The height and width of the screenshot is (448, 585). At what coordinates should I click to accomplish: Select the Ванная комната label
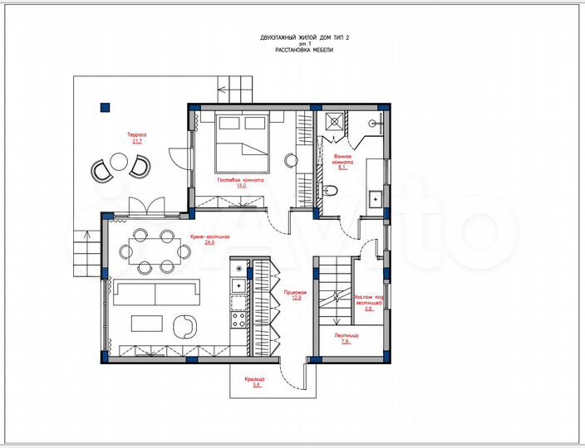343,159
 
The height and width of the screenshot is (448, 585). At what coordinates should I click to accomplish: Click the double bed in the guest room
243,136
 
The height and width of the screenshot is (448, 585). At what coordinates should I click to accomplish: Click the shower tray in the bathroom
335,121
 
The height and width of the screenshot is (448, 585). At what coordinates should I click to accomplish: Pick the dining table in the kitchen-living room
155,250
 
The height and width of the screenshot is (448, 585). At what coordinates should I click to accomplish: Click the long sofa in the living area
156,293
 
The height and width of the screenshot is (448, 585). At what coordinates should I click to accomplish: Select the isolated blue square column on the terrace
105,105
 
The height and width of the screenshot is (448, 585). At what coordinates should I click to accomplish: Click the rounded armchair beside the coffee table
184,326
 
